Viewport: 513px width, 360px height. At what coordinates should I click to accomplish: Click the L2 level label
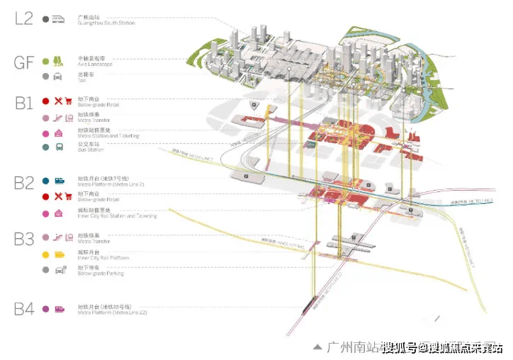(23, 18)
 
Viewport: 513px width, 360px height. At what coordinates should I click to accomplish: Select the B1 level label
(23, 105)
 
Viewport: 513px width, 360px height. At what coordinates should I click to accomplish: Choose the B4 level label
(23, 308)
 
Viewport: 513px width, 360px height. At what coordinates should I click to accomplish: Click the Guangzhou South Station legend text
(106, 23)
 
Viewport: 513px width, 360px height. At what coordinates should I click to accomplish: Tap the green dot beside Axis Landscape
(45, 62)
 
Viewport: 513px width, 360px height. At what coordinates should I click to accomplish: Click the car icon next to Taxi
(58, 76)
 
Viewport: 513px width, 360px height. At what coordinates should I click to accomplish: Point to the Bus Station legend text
(91, 150)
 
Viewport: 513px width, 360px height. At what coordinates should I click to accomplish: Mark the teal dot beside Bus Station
(45, 147)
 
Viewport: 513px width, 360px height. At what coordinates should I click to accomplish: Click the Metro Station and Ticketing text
(109, 135)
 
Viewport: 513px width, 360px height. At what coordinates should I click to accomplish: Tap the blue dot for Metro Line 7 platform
(45, 181)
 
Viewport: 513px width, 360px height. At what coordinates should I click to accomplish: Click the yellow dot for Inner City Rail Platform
(45, 254)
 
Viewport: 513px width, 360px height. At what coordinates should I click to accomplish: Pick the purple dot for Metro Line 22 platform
(45, 309)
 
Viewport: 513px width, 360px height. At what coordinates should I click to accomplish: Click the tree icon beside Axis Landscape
(58, 62)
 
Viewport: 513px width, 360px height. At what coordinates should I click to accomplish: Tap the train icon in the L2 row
(59, 20)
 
